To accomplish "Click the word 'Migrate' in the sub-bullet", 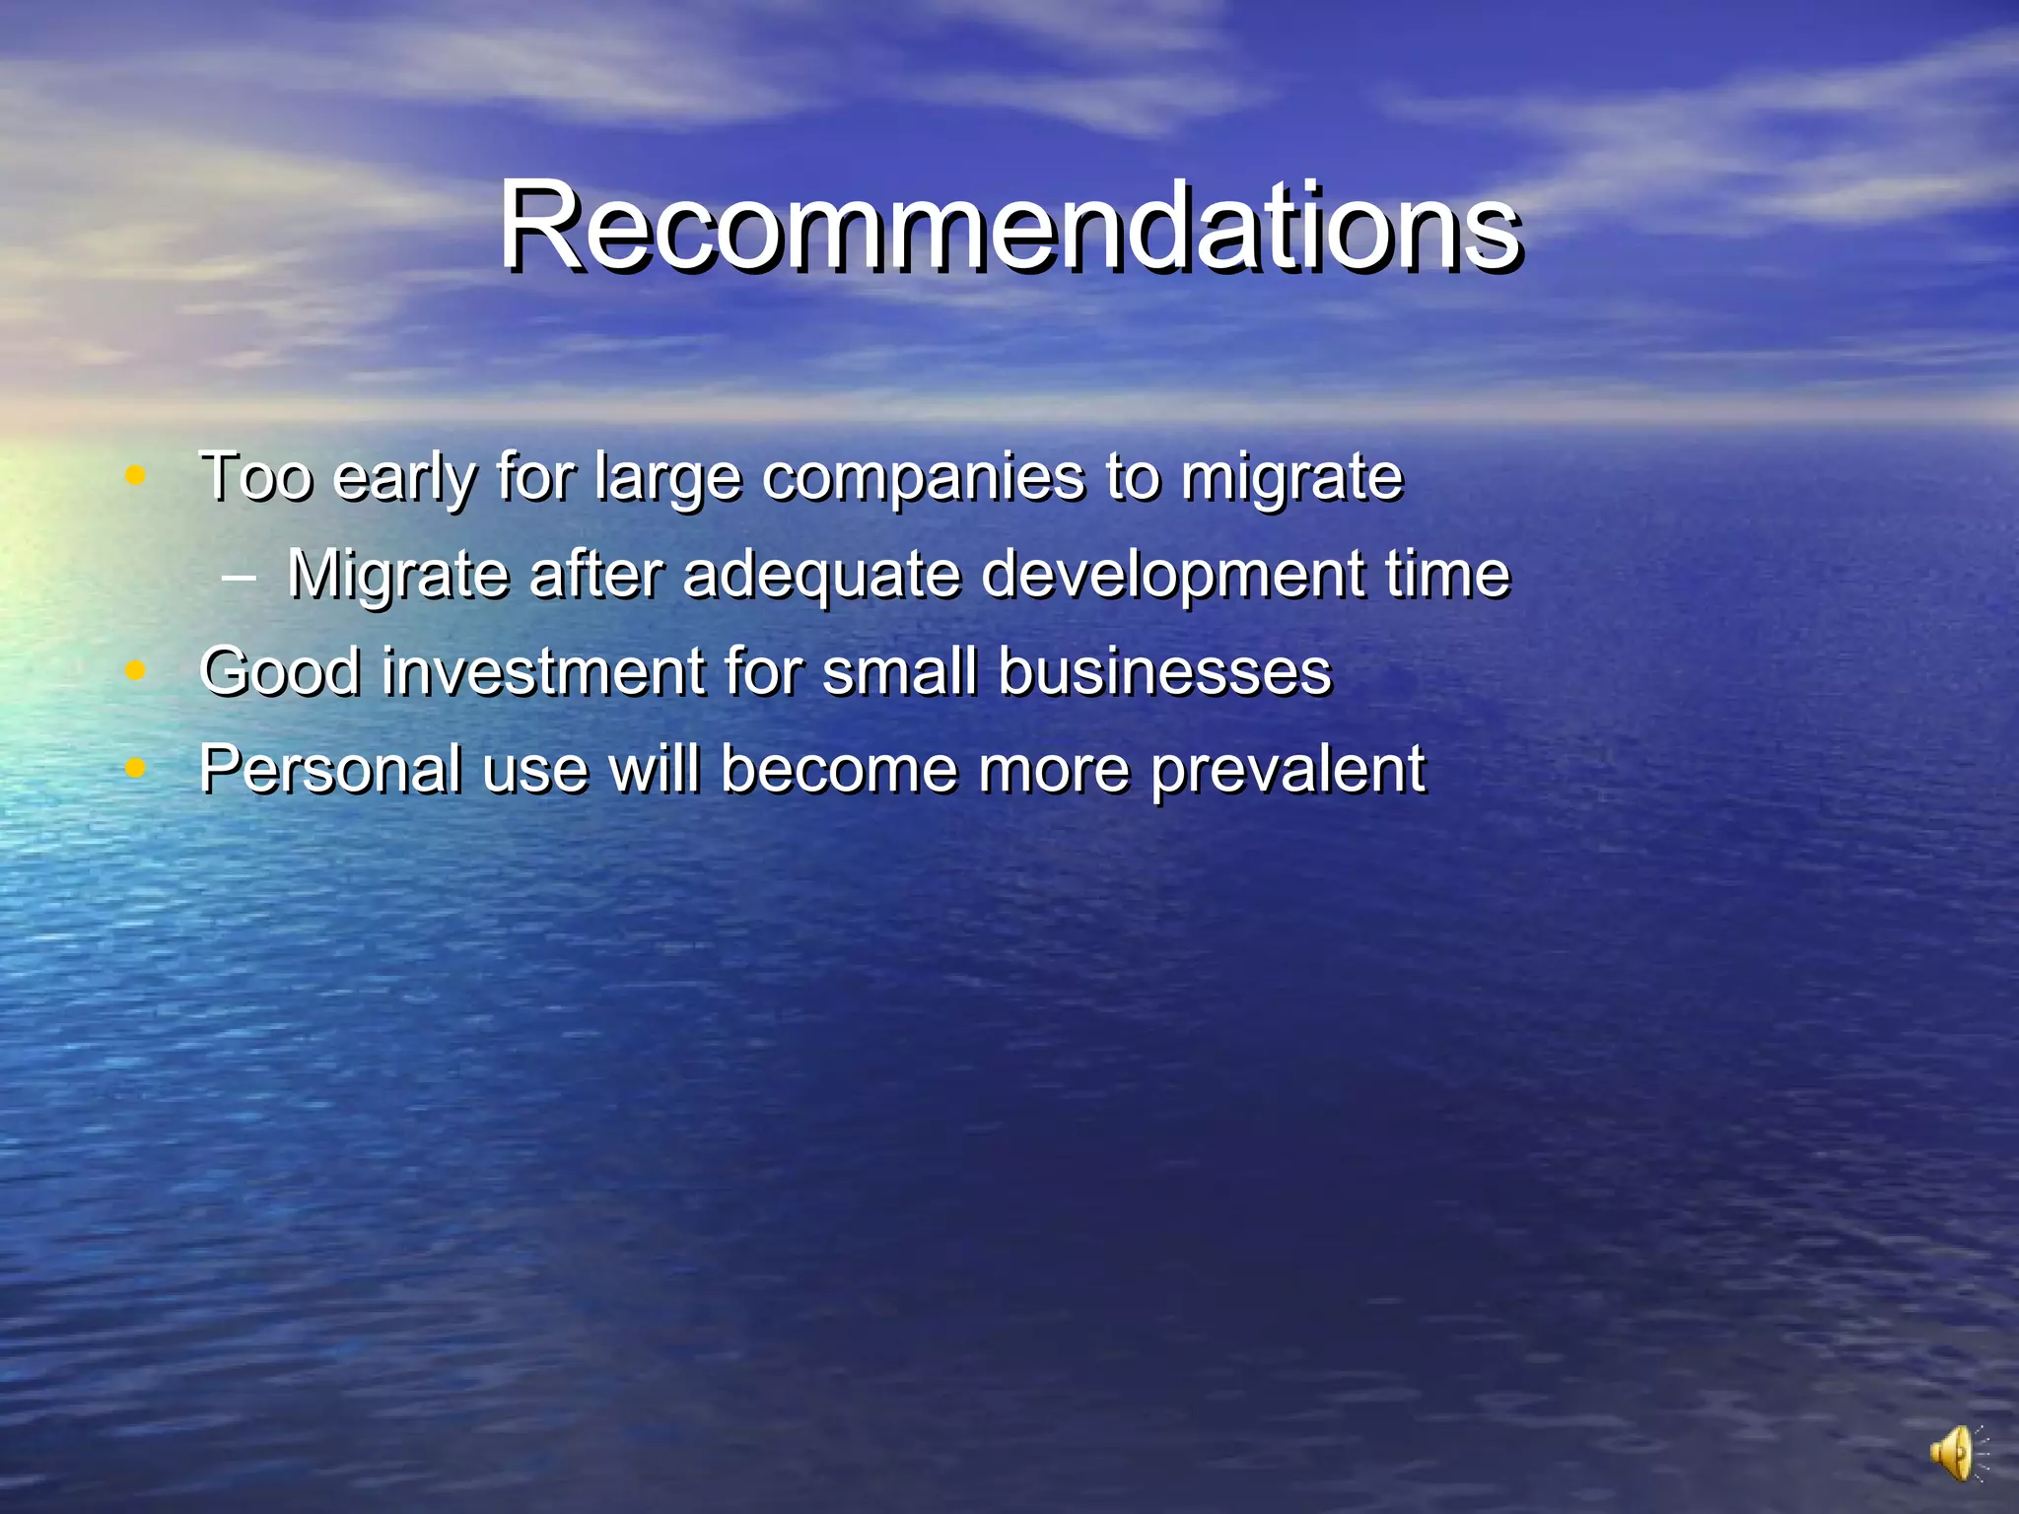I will [397, 574].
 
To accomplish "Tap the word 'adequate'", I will [821, 574].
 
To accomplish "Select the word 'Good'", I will [280, 671].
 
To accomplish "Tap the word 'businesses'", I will [1164, 671].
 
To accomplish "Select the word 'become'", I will [839, 769].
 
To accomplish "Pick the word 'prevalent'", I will [1288, 771].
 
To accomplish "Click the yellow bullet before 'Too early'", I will [136, 476].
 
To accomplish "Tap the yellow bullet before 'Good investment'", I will [136, 670].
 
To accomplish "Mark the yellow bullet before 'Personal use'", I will [136, 767].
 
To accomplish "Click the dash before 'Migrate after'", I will [239, 576].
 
